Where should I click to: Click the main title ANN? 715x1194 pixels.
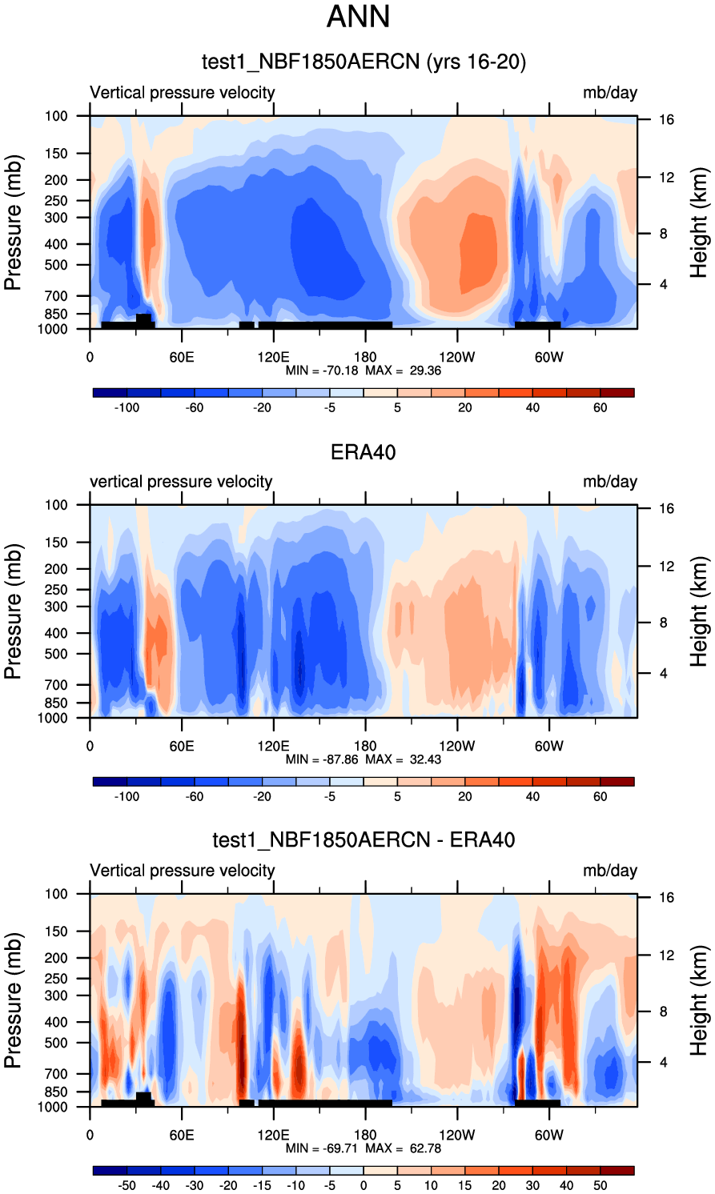tap(358, 17)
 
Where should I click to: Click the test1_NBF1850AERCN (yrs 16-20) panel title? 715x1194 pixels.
tap(364, 62)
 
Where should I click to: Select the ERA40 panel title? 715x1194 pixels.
tap(364, 452)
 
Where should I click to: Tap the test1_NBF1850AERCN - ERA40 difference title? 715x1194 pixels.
tap(364, 839)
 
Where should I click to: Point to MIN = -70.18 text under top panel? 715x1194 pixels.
tap(322, 371)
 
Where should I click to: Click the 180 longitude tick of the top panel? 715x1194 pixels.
tap(365, 357)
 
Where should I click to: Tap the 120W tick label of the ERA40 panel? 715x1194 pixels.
tap(456, 746)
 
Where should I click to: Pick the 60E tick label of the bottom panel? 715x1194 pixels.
tap(182, 1135)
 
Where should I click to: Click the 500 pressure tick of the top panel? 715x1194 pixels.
tap(56, 265)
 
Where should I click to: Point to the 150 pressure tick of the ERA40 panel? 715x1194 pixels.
tap(56, 543)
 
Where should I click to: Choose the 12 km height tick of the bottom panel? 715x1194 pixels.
tap(667, 955)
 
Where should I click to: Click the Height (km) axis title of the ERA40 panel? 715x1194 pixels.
tap(699, 611)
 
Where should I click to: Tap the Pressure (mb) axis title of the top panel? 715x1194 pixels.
tap(13, 222)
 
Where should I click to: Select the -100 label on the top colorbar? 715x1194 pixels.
tap(126, 407)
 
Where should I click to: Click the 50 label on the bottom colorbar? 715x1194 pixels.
tap(601, 1185)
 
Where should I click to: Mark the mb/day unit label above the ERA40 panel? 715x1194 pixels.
tap(610, 482)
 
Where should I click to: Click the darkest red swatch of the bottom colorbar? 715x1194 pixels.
tap(617, 1171)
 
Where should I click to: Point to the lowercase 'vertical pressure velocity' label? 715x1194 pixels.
tap(181, 482)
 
